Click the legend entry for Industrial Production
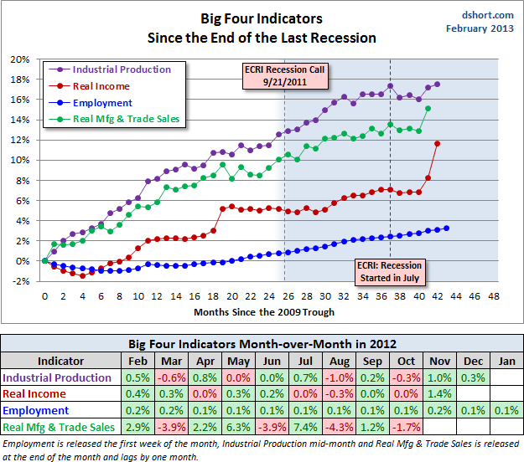(117, 69)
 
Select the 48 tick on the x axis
(493, 295)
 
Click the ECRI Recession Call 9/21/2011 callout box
(284, 75)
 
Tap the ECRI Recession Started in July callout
(388, 270)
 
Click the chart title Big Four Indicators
(262, 18)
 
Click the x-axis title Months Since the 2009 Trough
(264, 312)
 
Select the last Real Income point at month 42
(438, 143)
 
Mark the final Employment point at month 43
(447, 228)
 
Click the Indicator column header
(60, 361)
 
